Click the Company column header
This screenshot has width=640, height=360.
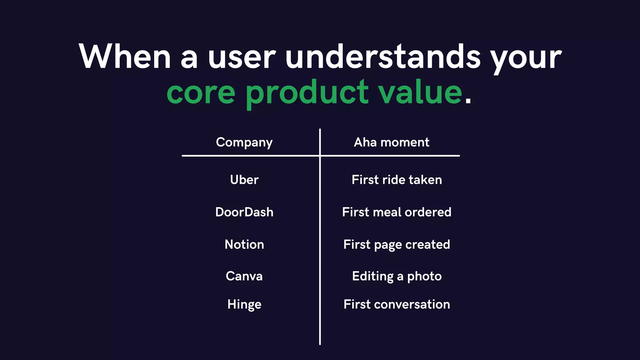tap(244, 142)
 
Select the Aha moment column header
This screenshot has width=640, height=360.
tap(391, 142)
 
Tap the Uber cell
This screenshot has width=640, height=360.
tap(244, 180)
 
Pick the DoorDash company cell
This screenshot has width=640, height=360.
tap(244, 212)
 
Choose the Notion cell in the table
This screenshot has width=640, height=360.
tap(244, 244)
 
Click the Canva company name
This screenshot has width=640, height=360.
tap(244, 276)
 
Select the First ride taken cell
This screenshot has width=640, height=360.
tap(397, 180)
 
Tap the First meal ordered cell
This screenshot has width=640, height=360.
tap(397, 212)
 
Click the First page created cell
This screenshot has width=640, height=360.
tap(397, 245)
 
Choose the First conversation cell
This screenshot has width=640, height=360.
tap(397, 304)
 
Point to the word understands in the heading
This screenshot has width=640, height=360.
tap(382, 57)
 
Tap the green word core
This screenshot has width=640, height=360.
tap(201, 92)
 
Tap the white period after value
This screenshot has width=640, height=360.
tap(468, 100)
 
